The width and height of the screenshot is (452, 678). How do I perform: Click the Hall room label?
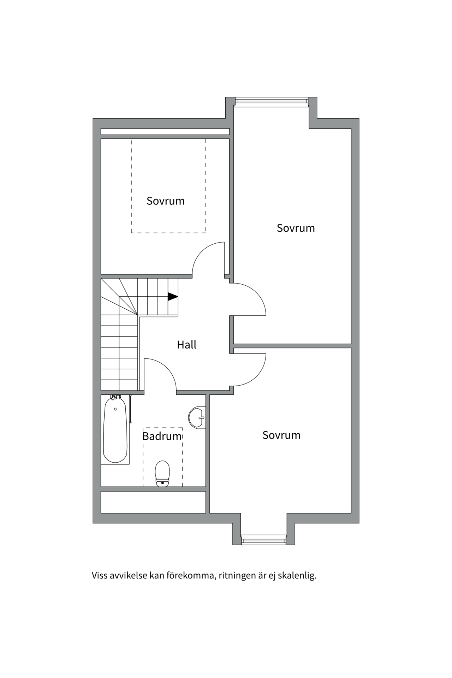(186, 345)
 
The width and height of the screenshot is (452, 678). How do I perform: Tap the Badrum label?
(162, 436)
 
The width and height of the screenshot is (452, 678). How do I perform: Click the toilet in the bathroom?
(162, 473)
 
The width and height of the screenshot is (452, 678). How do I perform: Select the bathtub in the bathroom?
(115, 431)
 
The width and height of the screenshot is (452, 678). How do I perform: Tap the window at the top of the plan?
(271, 102)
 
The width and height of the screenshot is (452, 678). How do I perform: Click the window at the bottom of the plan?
(263, 539)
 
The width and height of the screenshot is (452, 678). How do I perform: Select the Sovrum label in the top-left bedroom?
(166, 201)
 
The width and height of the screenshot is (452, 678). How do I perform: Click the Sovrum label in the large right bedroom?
(296, 228)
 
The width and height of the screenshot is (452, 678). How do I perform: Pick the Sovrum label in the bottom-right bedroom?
(281, 435)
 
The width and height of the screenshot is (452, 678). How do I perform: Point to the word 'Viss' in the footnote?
(100, 576)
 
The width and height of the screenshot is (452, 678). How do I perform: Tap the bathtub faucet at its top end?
(115, 398)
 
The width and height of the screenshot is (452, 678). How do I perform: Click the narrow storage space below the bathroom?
(153, 502)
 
